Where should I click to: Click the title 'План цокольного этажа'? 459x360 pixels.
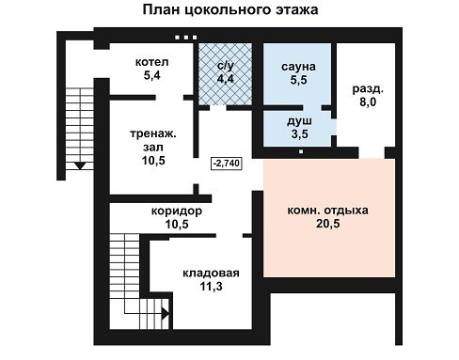point(230,9)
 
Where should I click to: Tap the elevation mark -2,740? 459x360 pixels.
point(227,164)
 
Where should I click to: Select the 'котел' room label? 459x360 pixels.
point(152,62)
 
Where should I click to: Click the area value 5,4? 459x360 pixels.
point(152,75)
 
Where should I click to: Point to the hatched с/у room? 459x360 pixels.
point(225,74)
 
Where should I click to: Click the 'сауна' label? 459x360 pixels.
point(298,67)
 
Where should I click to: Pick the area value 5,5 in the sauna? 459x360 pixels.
point(298,80)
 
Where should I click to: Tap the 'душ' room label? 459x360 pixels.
point(299,121)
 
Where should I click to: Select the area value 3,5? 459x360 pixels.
point(300,134)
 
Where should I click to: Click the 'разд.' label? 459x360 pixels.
point(368,89)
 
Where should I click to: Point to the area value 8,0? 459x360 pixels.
point(368,102)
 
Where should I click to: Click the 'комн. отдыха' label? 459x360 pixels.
point(328,211)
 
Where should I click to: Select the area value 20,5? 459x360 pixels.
point(328,224)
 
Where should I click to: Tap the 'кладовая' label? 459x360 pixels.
point(211,274)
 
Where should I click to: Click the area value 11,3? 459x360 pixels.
point(211,287)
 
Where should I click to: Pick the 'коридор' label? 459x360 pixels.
point(177,211)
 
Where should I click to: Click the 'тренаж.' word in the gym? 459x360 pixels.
point(153,134)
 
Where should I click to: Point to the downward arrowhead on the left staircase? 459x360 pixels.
point(80,166)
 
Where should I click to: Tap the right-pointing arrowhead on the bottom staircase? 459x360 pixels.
point(166,313)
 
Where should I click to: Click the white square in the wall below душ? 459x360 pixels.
point(301,152)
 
